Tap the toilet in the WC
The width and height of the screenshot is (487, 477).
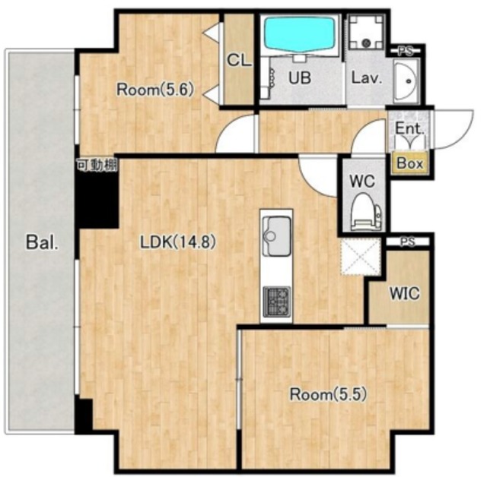[x=365, y=212]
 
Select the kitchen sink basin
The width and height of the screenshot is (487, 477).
[x=276, y=235]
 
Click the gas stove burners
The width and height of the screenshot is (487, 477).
[x=277, y=302]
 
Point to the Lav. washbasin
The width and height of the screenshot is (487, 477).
[x=406, y=81]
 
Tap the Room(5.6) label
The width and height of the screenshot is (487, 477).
[x=155, y=90]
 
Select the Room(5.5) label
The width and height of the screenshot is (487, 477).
[x=328, y=394]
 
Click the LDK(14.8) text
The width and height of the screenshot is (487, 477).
[x=177, y=242]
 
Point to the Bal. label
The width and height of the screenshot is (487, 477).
[x=42, y=242]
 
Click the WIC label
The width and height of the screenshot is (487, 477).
[x=405, y=293]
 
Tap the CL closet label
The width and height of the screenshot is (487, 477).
[x=239, y=60]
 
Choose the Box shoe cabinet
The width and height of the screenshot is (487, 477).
[x=410, y=163]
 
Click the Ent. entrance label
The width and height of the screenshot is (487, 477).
[x=409, y=128]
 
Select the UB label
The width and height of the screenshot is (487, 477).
[x=300, y=77]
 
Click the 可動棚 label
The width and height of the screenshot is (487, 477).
[x=97, y=165]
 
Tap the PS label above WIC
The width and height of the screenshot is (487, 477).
[x=408, y=242]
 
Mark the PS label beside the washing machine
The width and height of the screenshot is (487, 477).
[x=406, y=52]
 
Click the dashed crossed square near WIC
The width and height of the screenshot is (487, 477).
[x=361, y=257]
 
